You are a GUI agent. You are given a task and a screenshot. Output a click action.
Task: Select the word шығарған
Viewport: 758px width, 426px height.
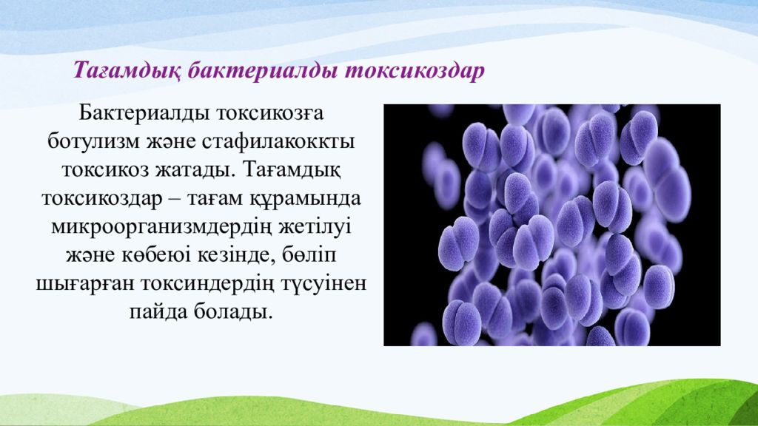click(85, 284)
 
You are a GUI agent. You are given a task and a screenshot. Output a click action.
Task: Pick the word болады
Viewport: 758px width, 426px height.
click(233, 312)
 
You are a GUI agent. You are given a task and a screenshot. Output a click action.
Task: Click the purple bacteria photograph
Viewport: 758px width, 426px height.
click(552, 225)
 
